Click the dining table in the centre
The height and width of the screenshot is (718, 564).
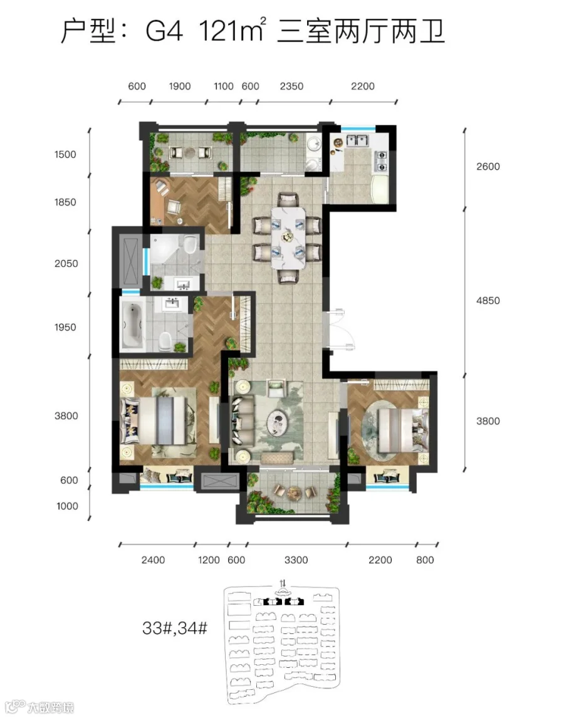pyautogui.click(x=288, y=238)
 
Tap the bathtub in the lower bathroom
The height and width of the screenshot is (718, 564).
pyautogui.click(x=132, y=324)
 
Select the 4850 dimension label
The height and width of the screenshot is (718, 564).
pyautogui.click(x=488, y=301)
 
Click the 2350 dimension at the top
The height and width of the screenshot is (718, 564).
pyautogui.click(x=291, y=86)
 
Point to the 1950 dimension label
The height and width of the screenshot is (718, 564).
pyautogui.click(x=65, y=328)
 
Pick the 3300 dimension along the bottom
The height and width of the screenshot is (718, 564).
pyautogui.click(x=296, y=560)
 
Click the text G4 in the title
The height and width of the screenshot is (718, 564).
pyautogui.click(x=164, y=31)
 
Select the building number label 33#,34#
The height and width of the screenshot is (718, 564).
pyautogui.click(x=175, y=628)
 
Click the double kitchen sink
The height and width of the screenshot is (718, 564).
pyautogui.click(x=357, y=140)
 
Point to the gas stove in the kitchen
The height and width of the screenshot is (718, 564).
pyautogui.click(x=381, y=161)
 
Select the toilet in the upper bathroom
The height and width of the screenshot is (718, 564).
pyautogui.click(x=190, y=244)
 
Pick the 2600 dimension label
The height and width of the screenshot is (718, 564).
pyautogui.click(x=488, y=166)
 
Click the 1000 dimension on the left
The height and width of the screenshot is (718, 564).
pyautogui.click(x=67, y=506)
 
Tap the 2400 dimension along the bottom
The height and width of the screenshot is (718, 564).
pyautogui.click(x=153, y=560)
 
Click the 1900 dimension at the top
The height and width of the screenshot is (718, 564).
pyautogui.click(x=180, y=86)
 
